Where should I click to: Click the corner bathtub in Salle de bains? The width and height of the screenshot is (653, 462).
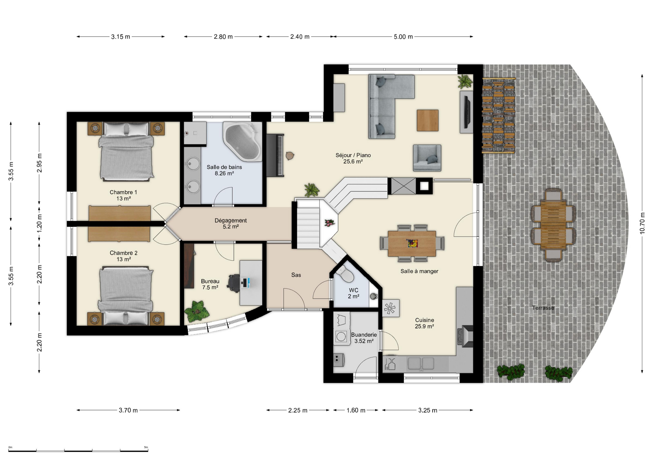click(242, 142)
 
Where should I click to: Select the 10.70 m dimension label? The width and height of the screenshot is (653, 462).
click(642, 223)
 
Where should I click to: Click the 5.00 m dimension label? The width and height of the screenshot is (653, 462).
click(403, 37)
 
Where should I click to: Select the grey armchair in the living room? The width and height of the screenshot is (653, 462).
click(427, 158)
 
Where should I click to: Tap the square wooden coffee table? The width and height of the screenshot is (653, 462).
click(428, 120)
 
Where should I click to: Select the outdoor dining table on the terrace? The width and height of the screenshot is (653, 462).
click(553, 225)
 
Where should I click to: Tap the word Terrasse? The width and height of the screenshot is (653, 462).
click(543, 308)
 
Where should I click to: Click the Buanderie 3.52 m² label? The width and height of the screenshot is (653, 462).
click(364, 338)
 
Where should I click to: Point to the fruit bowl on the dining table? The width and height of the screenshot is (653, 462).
click(412, 243)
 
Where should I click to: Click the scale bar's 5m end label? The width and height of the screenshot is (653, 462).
click(146, 447)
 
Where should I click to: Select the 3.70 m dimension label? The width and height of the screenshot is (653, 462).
click(128, 410)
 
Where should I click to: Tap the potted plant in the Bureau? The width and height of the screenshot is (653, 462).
click(197, 311)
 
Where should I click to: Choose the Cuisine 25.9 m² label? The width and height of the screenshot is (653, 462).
click(424, 323)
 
